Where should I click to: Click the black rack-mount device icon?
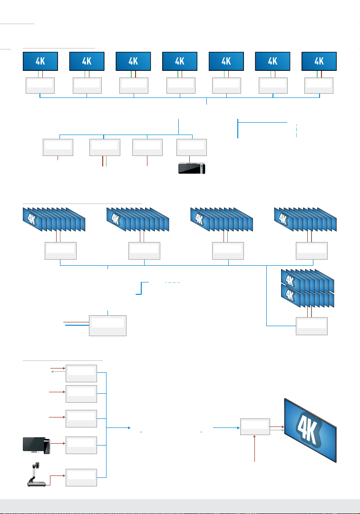[x=190, y=169]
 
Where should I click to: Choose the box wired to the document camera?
[x=81, y=477]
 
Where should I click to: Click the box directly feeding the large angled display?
[x=255, y=427]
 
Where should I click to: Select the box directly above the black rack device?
[x=192, y=147]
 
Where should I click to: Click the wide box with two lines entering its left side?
[x=108, y=325]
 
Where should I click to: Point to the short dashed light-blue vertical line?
[x=296, y=131]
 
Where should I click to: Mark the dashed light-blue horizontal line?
[x=173, y=283]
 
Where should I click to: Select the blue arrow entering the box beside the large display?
[x=226, y=427]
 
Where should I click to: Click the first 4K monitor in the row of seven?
[x=40, y=61]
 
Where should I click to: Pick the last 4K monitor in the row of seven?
[x=319, y=61]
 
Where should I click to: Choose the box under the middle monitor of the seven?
[x=180, y=85]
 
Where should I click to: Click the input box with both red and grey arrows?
[x=81, y=373]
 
